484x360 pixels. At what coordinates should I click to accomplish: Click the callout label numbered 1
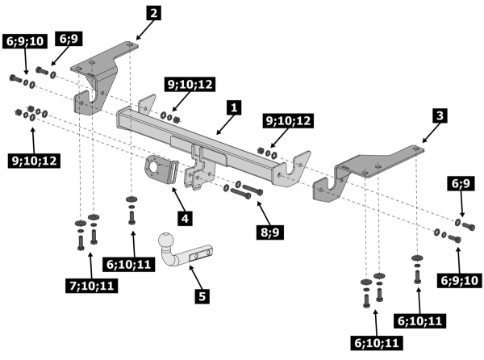point(234,107)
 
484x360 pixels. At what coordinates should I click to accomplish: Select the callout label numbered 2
point(153,13)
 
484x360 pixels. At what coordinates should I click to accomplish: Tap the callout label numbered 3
point(440,115)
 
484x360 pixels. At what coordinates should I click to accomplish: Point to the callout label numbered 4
point(185,219)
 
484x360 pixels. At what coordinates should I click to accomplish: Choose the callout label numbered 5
point(202,296)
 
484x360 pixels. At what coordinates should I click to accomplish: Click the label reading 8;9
point(270,232)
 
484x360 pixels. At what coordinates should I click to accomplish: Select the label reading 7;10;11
point(92,286)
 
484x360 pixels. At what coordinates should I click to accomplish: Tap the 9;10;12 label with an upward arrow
point(34,161)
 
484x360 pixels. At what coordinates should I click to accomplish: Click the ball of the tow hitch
point(167,241)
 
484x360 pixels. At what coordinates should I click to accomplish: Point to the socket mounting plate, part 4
point(161,170)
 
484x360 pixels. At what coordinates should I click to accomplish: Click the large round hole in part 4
point(154,170)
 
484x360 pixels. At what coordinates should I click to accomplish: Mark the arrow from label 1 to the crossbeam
point(224,125)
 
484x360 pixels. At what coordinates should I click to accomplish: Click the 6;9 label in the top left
point(69,39)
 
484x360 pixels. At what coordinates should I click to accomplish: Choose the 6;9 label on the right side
point(461,184)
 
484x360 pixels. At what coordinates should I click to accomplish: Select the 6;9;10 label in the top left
point(25,41)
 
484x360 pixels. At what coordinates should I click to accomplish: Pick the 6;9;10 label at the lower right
point(459,280)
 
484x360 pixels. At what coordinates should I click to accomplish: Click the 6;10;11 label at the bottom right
point(377,343)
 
